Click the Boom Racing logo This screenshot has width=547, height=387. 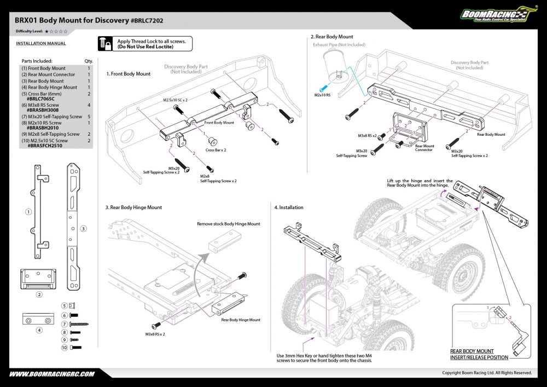(498, 14)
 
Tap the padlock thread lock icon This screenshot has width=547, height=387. (105, 44)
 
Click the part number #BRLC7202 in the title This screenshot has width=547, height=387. (147, 21)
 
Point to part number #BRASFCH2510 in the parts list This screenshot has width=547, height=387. (45, 146)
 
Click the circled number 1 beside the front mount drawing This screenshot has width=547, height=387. (28, 212)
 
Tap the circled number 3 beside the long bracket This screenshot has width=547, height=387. (83, 229)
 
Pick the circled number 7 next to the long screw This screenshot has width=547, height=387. (64, 324)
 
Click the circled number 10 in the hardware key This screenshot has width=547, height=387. (64, 348)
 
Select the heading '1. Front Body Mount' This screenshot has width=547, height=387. (129, 74)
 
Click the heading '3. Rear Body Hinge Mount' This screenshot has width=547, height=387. (133, 207)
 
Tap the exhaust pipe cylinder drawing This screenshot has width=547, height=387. (336, 66)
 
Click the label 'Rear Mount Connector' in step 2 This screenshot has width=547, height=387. (424, 148)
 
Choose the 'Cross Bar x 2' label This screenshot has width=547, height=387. (216, 150)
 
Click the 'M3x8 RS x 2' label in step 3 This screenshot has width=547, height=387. (155, 334)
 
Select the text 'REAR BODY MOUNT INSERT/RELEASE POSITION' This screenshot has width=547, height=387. (479, 354)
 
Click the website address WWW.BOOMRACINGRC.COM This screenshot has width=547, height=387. (51, 374)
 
